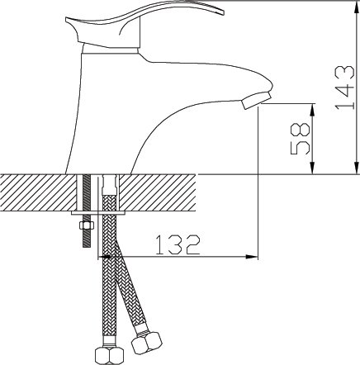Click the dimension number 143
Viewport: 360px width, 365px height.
(344, 88)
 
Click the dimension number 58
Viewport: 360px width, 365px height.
(301, 139)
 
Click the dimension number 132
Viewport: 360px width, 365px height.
(178, 244)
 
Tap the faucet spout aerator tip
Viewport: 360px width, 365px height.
(256, 101)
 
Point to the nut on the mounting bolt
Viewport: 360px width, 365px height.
(87, 225)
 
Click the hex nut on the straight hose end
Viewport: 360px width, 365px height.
(109, 355)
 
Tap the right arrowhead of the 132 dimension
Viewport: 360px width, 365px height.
(252, 257)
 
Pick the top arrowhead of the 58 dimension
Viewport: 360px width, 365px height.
(312, 109)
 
